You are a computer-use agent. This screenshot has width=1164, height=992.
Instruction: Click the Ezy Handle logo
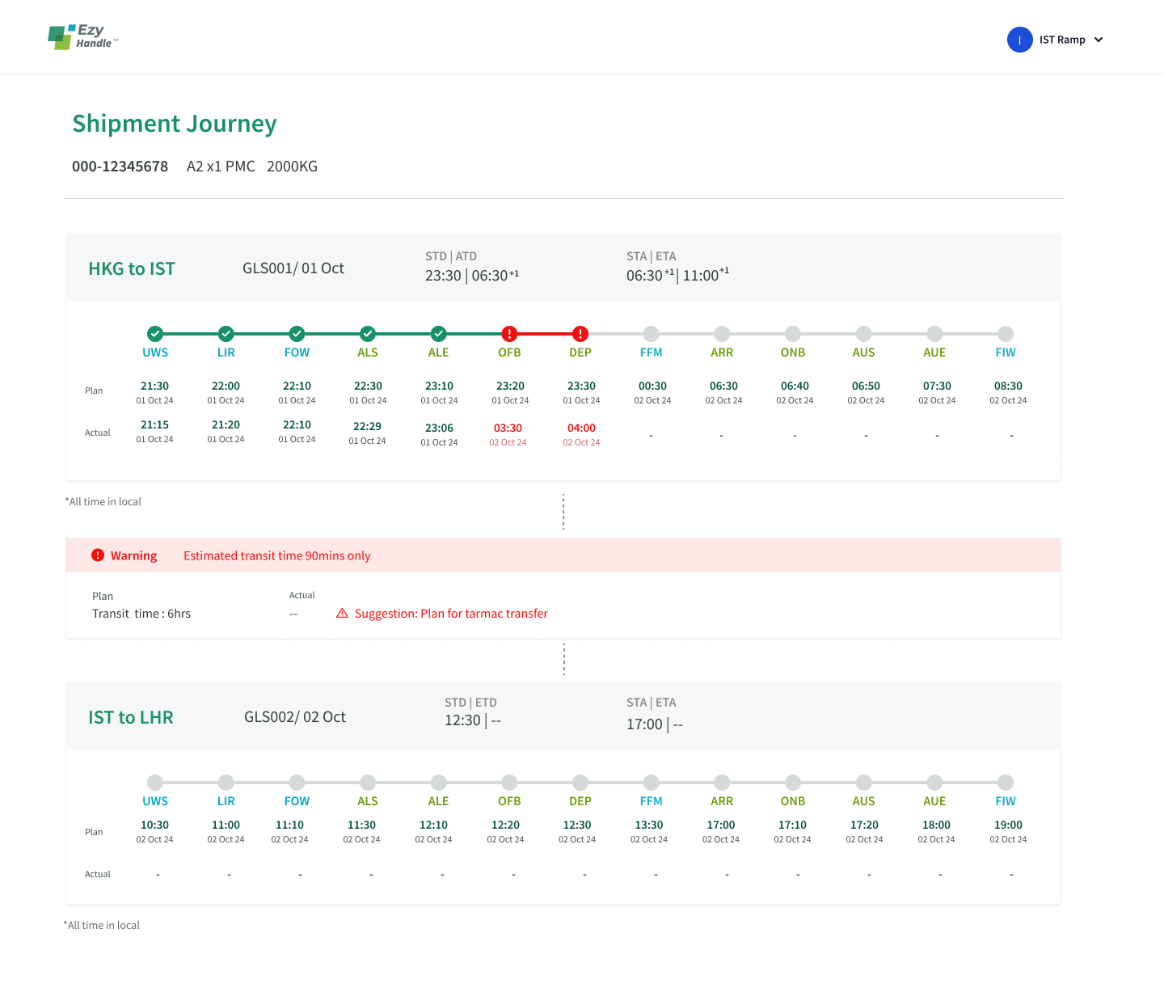click(x=82, y=37)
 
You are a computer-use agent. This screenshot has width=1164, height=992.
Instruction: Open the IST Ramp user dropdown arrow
click(x=1099, y=40)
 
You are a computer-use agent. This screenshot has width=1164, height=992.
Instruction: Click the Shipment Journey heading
click(x=175, y=124)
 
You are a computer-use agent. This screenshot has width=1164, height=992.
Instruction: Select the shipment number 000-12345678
click(x=120, y=167)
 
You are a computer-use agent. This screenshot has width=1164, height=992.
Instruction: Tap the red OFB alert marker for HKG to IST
click(x=509, y=333)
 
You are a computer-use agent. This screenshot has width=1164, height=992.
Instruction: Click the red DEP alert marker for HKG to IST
click(x=580, y=333)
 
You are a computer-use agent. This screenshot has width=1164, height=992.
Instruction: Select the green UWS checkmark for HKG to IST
click(x=155, y=333)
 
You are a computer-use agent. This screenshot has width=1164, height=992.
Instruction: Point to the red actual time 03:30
click(x=508, y=428)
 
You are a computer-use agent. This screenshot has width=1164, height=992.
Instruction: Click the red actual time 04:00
click(x=581, y=428)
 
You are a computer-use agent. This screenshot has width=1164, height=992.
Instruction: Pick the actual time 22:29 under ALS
click(x=367, y=427)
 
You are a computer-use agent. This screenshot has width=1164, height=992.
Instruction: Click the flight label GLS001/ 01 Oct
click(x=293, y=268)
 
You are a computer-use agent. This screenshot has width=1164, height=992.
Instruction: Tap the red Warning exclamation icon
click(x=98, y=555)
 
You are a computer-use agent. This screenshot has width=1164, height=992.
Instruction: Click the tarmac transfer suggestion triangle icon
click(x=343, y=614)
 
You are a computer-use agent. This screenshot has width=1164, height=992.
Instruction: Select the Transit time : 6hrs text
click(x=141, y=614)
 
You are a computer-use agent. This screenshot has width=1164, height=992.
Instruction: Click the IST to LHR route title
click(x=131, y=718)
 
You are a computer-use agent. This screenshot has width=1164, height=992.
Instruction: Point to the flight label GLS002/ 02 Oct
click(x=295, y=717)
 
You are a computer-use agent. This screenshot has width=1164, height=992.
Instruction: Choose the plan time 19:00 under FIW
click(x=1008, y=825)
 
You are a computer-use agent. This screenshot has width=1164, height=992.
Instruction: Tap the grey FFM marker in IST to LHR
click(x=652, y=782)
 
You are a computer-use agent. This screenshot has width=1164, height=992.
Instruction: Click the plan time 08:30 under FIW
click(x=1008, y=386)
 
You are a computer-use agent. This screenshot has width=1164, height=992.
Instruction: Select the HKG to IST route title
click(x=132, y=269)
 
